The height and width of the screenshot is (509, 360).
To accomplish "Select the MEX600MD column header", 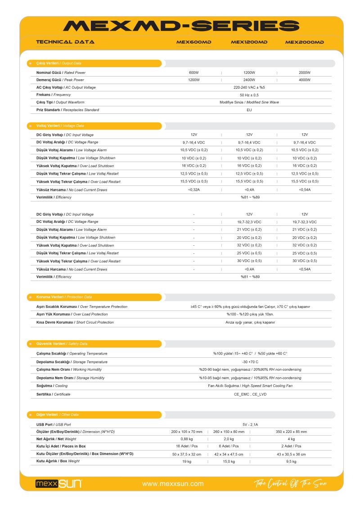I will click(193, 43).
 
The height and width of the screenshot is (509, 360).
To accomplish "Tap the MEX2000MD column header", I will click(305, 43).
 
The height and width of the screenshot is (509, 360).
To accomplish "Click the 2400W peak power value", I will click(249, 80).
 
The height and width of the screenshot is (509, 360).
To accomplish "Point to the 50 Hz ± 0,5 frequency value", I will click(249, 95).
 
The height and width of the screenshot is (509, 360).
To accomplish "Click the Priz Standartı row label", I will click(67, 110).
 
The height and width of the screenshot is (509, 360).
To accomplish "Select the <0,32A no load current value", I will click(194, 189).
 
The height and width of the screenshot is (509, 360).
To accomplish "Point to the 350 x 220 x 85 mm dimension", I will click(291, 432).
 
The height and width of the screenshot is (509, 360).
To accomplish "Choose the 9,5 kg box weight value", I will click(291, 461).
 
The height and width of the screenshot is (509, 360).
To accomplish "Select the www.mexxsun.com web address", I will click(173, 484).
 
